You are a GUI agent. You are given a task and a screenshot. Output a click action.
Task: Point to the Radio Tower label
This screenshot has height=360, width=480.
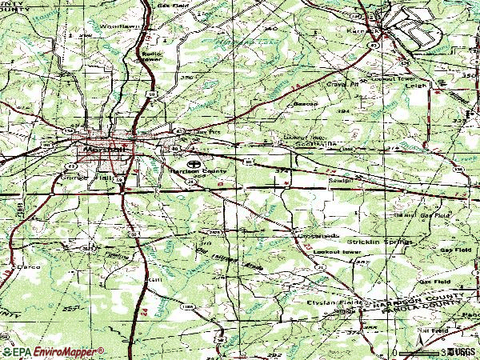pyautogui.click(x=151, y=55)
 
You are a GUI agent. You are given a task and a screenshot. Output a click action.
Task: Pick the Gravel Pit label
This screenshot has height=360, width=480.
pyautogui.click(x=339, y=83)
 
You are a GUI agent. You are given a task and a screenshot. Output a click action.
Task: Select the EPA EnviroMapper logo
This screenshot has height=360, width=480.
pyautogui.click(x=52, y=351)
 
